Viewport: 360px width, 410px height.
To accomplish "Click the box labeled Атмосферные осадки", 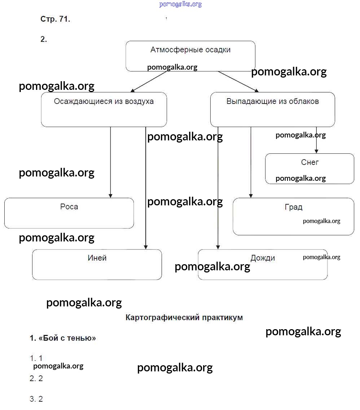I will (x=190, y=56).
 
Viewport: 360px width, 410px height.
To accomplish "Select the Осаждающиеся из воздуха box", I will (x=104, y=109).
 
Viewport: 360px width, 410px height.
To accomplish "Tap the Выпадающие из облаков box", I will (x=272, y=109).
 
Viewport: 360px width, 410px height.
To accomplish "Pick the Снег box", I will (x=309, y=169).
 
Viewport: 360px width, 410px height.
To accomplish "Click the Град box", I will (x=293, y=216).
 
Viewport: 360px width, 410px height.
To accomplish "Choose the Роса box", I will (x=69, y=213).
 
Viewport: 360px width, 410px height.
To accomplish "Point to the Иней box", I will (x=97, y=264).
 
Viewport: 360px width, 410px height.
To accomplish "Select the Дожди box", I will (x=263, y=264).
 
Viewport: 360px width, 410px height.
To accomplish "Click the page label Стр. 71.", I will (x=55, y=19).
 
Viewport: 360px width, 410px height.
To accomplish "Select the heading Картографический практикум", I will (x=184, y=318).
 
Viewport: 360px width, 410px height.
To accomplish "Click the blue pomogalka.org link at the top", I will (x=180, y=4).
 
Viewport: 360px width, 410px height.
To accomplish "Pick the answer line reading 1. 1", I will (x=36, y=358).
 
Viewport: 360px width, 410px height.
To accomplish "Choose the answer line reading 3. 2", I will (x=36, y=399).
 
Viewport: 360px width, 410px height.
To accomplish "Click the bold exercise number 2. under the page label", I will (x=44, y=39).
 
